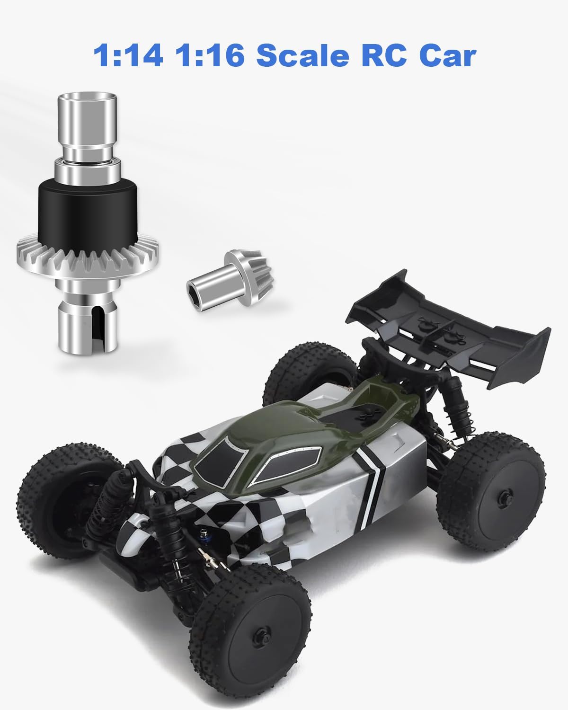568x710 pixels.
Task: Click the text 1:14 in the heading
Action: click(128, 55)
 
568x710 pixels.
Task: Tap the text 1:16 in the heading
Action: click(210, 55)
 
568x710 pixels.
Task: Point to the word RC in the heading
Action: click(384, 55)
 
